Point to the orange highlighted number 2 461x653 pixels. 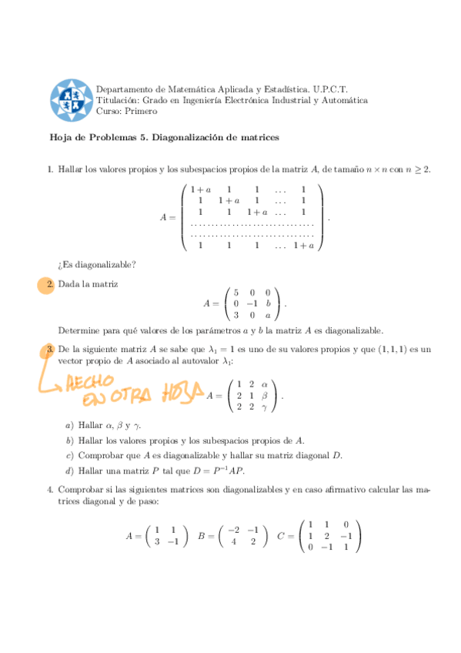pyautogui.click(x=49, y=285)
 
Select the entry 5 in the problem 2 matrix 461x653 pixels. pyautogui.click(x=236, y=293)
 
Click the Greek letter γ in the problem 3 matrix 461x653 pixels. pyautogui.click(x=264, y=407)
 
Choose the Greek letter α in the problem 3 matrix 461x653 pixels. pyautogui.click(x=264, y=384)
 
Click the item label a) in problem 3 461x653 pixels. pyautogui.click(x=70, y=425)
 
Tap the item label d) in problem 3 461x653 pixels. pyautogui.click(x=70, y=470)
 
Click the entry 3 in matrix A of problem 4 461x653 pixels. pyautogui.click(x=157, y=541)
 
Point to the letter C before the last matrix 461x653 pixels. pyautogui.click(x=280, y=535)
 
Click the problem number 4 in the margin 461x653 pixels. pyautogui.click(x=49, y=489)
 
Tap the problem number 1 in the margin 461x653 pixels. pyautogui.click(x=49, y=169)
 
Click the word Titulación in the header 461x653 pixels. pyautogui.click(x=117, y=100)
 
